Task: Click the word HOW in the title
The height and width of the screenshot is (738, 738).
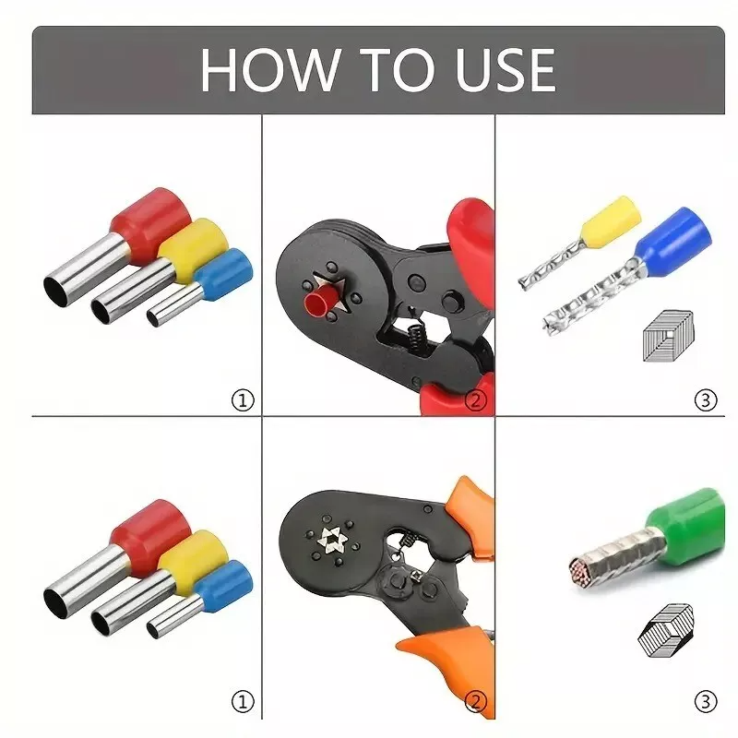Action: (x=269, y=70)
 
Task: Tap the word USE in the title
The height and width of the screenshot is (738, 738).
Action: (x=506, y=70)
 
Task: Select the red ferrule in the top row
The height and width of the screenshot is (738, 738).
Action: (x=118, y=246)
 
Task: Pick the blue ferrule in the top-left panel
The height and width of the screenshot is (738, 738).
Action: (x=200, y=288)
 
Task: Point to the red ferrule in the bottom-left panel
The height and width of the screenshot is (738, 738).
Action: (x=118, y=559)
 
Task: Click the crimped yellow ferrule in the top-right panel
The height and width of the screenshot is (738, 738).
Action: (x=580, y=242)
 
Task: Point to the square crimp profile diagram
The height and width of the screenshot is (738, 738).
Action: (x=668, y=336)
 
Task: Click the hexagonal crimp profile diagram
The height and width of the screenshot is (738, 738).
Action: (x=665, y=631)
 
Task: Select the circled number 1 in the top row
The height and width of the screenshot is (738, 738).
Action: (x=243, y=400)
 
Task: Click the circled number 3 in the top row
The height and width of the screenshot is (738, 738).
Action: (x=706, y=400)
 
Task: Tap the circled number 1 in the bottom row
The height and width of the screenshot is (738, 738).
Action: (x=243, y=702)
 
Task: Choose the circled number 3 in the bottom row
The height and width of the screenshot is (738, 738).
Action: (x=706, y=702)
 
